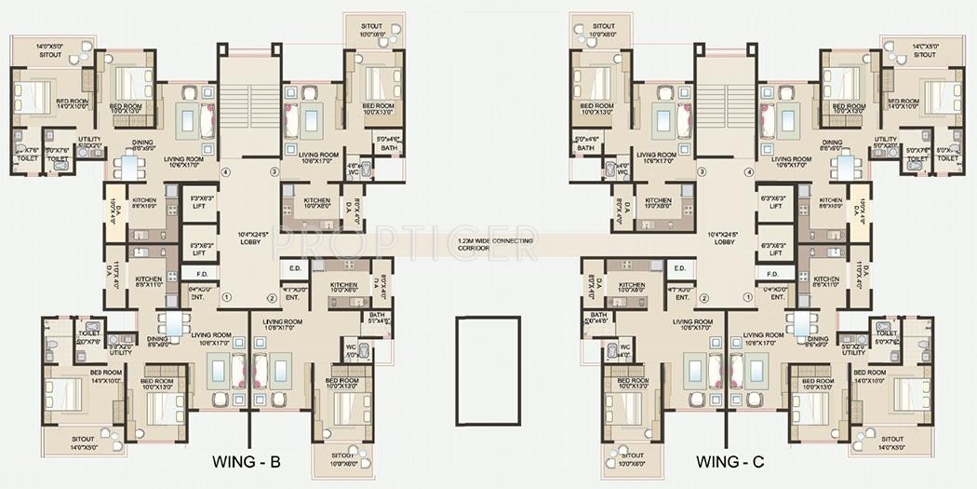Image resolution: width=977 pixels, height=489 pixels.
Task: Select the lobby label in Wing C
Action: [725, 237]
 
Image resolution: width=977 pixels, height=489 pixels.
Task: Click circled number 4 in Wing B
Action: [226, 171]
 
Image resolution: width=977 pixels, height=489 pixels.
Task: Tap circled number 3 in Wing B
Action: [274, 171]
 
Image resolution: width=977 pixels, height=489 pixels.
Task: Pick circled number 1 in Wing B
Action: [226, 298]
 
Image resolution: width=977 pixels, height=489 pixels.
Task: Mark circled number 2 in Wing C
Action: [704, 298]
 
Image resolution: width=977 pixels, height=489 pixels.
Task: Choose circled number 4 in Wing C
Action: [750, 171]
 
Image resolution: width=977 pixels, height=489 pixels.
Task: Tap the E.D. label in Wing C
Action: [679, 268]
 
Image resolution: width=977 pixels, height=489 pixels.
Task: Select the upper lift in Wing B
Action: [199, 202]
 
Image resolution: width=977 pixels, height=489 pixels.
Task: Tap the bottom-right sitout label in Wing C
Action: [892, 441]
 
